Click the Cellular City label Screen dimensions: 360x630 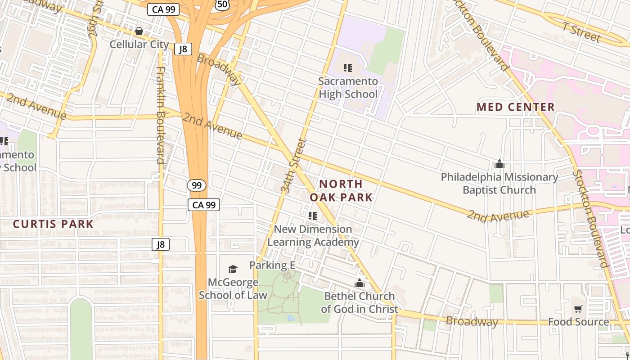[x=139, y=45]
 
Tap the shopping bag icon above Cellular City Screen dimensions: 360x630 [x=139, y=31]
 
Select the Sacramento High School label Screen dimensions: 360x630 [x=348, y=88]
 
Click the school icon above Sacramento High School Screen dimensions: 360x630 [x=347, y=68]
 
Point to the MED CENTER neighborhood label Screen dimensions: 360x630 [x=515, y=107]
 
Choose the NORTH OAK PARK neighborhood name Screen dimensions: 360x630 [x=341, y=190]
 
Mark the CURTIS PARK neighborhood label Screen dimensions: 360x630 [x=53, y=224]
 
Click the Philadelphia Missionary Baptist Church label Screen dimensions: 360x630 [x=499, y=183]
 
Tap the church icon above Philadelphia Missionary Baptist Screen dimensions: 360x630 [x=499, y=164]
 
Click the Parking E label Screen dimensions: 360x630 [x=272, y=265]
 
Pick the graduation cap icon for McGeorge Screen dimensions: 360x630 [x=233, y=269]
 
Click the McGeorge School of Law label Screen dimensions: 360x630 [x=233, y=288]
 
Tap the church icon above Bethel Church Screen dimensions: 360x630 [x=359, y=283]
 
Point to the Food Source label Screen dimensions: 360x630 [x=578, y=322]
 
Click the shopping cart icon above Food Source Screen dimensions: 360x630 [x=578, y=309]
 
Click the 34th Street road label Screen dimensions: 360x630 [x=293, y=166]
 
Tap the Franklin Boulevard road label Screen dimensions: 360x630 [x=160, y=115]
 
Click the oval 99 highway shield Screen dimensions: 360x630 [x=197, y=185]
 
